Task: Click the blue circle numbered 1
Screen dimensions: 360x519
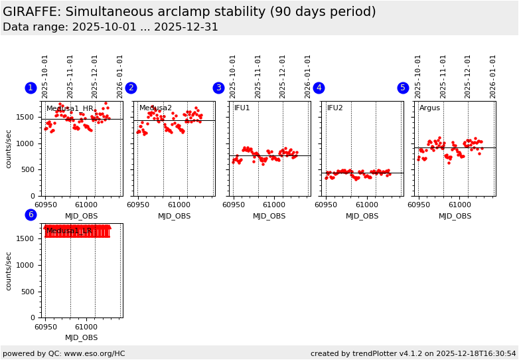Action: [31, 88]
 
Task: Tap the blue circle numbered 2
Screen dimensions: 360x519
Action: [131, 88]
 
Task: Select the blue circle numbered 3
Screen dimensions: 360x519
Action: [218, 88]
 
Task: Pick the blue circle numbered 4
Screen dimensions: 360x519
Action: [319, 88]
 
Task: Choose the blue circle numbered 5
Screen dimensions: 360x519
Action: [403, 88]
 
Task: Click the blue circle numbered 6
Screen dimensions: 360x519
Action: [31, 215]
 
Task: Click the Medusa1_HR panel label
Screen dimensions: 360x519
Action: [70, 108]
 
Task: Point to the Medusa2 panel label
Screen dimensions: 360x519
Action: [155, 108]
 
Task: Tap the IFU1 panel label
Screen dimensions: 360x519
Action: [242, 108]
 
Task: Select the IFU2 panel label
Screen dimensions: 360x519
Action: [335, 108]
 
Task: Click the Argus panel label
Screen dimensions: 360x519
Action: [429, 108]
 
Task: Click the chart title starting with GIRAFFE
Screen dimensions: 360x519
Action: [189, 12]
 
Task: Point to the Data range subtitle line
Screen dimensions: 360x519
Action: [110, 27]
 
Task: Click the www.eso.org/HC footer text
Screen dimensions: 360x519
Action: [64, 353]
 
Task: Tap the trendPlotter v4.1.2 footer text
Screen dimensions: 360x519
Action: [413, 353]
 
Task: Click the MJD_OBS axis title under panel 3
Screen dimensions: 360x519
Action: [269, 216]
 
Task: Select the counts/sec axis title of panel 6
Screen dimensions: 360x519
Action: [9, 270]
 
